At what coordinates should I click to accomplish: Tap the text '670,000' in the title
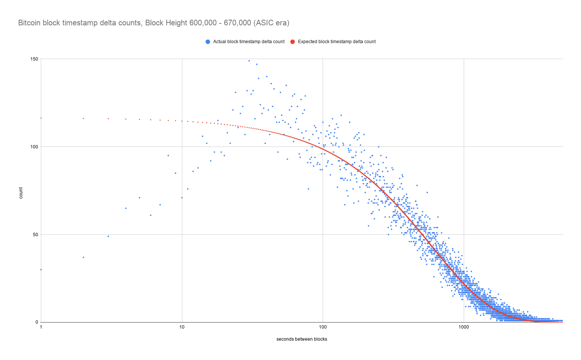click(x=238, y=23)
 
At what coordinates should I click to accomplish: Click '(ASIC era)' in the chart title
click(x=272, y=23)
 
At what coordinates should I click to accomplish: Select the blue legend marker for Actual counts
click(x=208, y=42)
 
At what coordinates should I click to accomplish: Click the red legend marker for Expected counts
click(x=292, y=42)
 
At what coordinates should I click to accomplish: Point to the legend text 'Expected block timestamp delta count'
click(x=337, y=42)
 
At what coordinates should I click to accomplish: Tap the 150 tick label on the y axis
click(x=34, y=59)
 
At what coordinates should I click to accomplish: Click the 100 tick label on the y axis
click(x=34, y=147)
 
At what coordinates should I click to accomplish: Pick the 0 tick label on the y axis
click(x=37, y=322)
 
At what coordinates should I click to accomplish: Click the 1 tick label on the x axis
click(x=41, y=327)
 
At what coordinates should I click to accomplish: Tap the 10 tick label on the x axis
click(x=182, y=327)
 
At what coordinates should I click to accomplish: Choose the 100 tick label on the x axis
click(x=323, y=327)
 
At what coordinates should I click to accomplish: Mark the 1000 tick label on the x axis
click(x=464, y=327)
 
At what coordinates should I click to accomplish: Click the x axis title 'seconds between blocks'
click(x=301, y=339)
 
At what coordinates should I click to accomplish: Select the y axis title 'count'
click(x=21, y=193)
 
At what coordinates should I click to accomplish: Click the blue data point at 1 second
click(x=41, y=270)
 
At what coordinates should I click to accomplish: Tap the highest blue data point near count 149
click(x=249, y=61)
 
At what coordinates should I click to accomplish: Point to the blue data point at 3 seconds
click(x=108, y=236)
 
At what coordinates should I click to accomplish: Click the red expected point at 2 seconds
click(x=83, y=118)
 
